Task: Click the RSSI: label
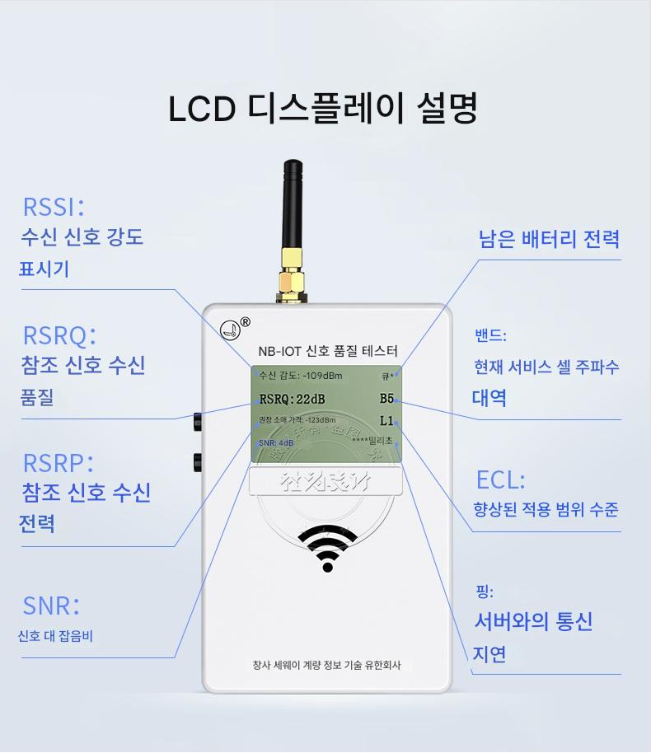pyautogui.click(x=54, y=206)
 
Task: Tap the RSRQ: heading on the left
pyautogui.click(x=59, y=335)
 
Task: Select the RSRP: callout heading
pyautogui.click(x=58, y=462)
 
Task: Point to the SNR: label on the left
pyautogui.click(x=51, y=606)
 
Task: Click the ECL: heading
pyautogui.click(x=500, y=479)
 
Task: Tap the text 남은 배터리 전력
pyautogui.click(x=549, y=240)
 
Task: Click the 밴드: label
pyautogui.click(x=490, y=336)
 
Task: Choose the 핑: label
pyautogui.click(x=484, y=592)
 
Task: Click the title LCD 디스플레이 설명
pyautogui.click(x=323, y=110)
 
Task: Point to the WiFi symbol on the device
pyautogui.click(x=326, y=547)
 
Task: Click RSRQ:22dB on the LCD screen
pyautogui.click(x=293, y=400)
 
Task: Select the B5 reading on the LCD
pyautogui.click(x=387, y=399)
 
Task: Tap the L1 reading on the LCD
pyautogui.click(x=387, y=421)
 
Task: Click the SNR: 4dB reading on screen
pyautogui.click(x=275, y=443)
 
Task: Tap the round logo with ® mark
pyautogui.click(x=232, y=328)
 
